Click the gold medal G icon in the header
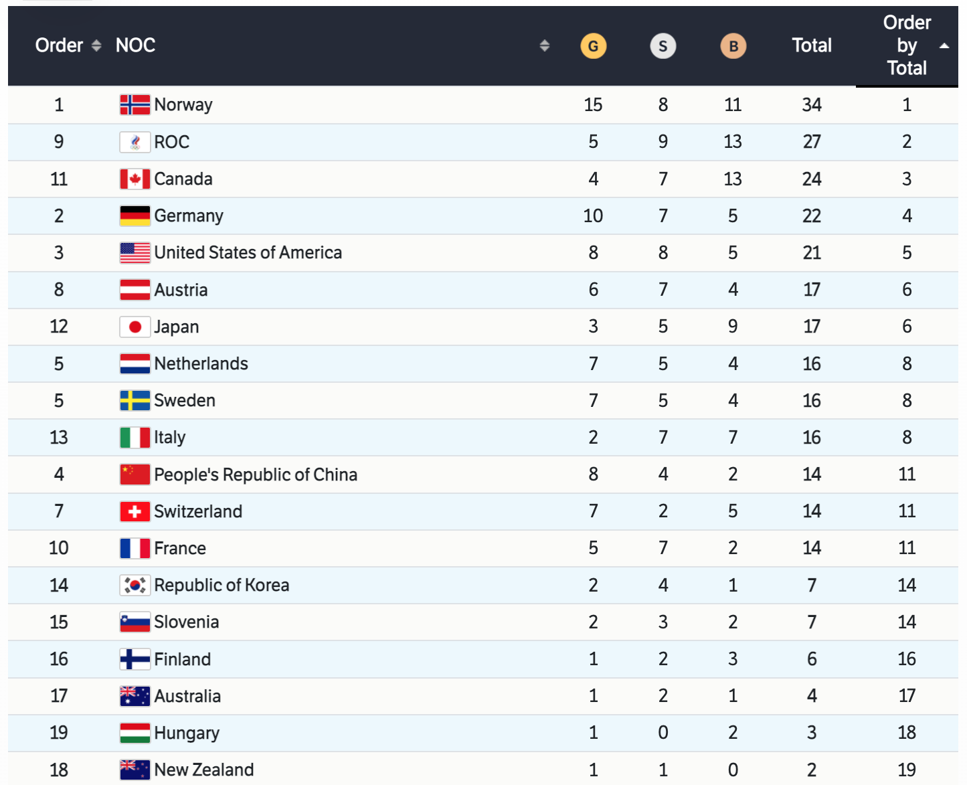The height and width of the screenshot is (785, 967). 593,46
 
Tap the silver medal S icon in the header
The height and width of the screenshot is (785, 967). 663,46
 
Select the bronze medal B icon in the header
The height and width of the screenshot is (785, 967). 733,46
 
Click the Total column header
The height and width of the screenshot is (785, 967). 812,46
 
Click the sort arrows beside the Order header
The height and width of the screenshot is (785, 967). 96,46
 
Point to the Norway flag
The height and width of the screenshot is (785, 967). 135,105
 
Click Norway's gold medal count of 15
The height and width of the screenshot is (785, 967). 593,105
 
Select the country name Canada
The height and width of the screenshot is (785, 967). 183,179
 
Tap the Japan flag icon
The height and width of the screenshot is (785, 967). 135,327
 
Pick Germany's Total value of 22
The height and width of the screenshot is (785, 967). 812,215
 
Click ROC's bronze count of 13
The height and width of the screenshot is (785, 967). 733,142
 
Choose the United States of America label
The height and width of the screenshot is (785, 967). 248,252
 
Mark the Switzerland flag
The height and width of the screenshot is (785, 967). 135,511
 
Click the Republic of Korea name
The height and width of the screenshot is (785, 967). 222,585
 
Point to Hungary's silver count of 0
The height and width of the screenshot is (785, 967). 663,733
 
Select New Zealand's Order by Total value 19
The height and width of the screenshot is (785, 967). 907,770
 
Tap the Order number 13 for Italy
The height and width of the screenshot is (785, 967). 59,437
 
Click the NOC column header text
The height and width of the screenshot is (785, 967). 135,46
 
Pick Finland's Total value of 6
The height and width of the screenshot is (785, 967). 812,659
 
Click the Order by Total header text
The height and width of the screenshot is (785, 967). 907,46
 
